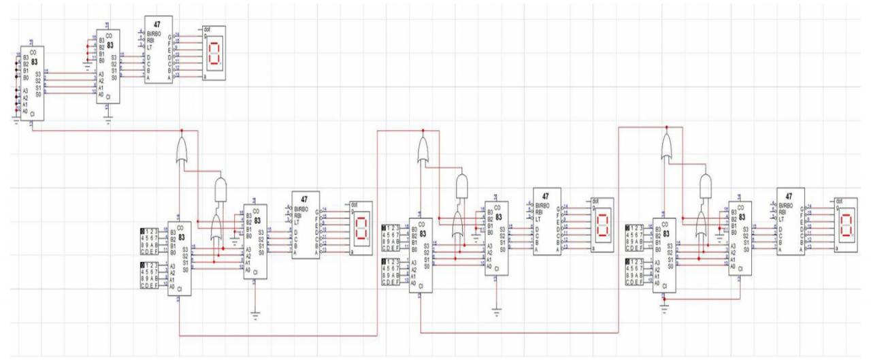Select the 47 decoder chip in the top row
[x=158, y=50]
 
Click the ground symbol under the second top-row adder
[x=108, y=120]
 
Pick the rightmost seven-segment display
[x=845, y=228]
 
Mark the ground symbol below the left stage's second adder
[x=254, y=312]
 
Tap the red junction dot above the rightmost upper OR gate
[x=667, y=127]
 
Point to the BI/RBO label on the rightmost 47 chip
[x=789, y=205]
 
